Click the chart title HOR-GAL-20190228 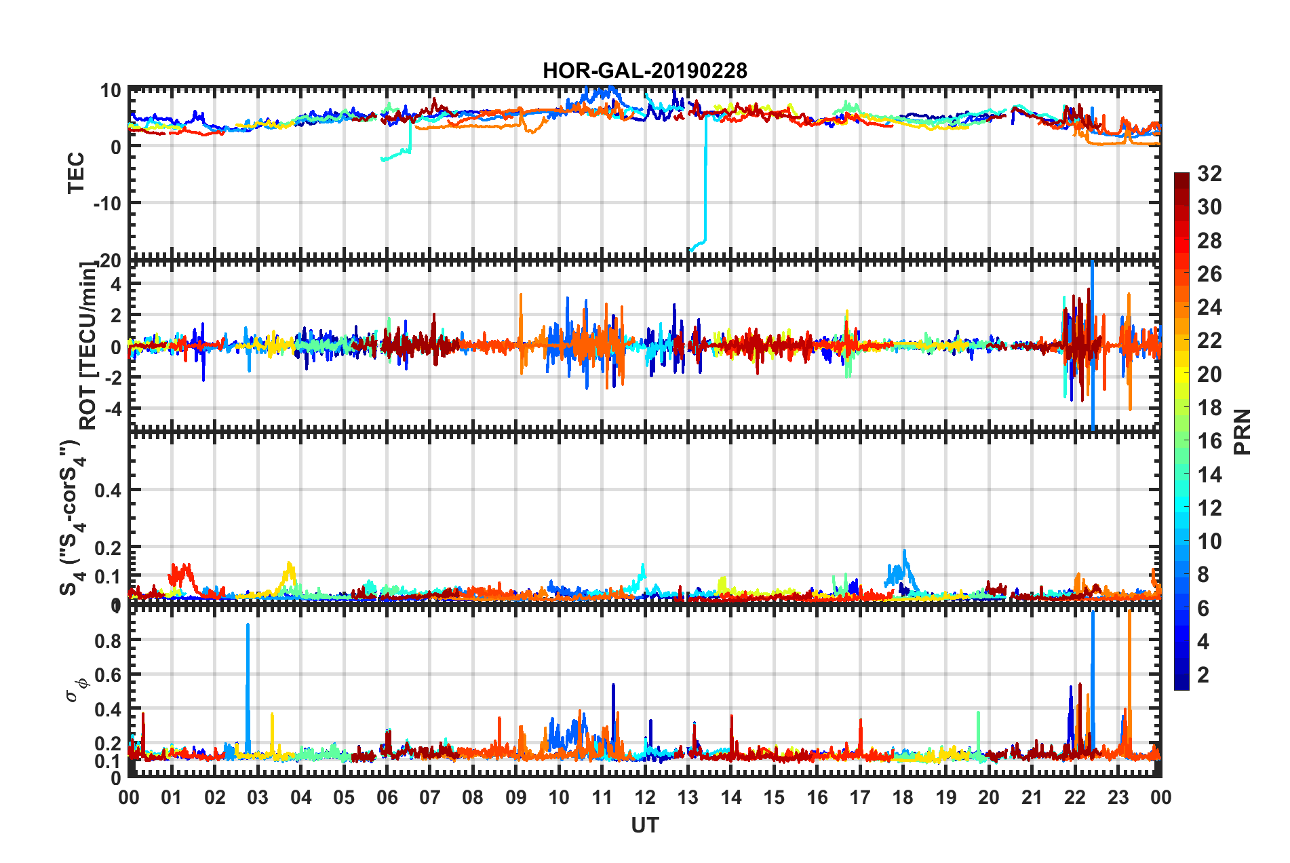(644, 71)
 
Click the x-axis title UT (644, 825)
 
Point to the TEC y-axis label (76, 172)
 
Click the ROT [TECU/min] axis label (88, 345)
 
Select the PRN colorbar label (1243, 431)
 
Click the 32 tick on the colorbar (1209, 174)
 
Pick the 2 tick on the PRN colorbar (1203, 674)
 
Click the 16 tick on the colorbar (1209, 441)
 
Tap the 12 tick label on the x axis (645, 797)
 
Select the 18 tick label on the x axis (903, 797)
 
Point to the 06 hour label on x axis (387, 797)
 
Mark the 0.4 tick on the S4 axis (108, 490)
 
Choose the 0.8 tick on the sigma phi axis (108, 640)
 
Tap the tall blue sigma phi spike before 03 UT (248, 678)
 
